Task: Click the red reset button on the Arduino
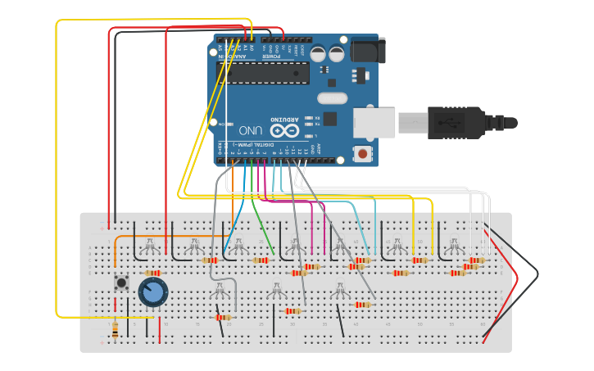pyautogui.click(x=362, y=153)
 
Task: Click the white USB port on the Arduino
pyautogui.click(x=374, y=122)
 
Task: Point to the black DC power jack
pyautogui.click(x=368, y=50)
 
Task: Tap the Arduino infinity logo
pyautogui.click(x=284, y=129)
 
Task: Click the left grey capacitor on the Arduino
pyautogui.click(x=317, y=54)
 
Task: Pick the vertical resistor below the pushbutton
pyautogui.click(x=115, y=329)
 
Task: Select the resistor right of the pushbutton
pyautogui.click(x=152, y=273)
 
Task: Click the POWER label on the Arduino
pyautogui.click(x=276, y=48)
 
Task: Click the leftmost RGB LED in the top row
pyautogui.click(x=150, y=243)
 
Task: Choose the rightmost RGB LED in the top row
pyautogui.click(x=453, y=243)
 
